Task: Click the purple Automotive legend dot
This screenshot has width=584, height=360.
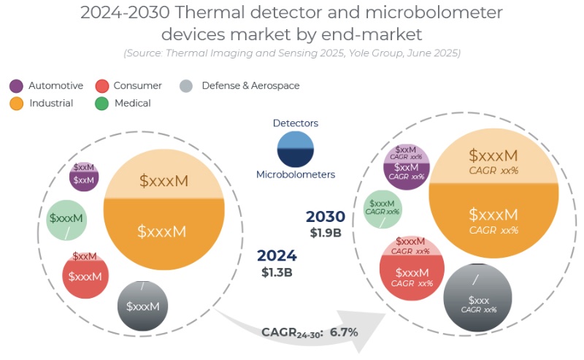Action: [16, 86]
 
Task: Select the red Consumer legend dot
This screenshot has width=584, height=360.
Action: [102, 86]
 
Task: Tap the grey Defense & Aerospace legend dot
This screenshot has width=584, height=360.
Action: [186, 86]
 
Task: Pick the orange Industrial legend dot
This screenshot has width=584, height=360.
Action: [16, 104]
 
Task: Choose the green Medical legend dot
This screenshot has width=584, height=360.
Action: [102, 104]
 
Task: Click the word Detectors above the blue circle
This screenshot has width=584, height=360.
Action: [295, 123]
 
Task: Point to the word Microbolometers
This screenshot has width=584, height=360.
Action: [295, 175]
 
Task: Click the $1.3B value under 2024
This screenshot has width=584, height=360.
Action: [277, 272]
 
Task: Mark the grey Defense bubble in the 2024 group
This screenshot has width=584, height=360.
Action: [142, 304]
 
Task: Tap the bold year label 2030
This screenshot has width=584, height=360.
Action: [326, 217]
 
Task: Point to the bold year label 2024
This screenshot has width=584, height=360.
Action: [277, 256]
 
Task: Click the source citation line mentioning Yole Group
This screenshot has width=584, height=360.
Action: [292, 53]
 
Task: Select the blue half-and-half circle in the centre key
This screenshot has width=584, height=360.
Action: [295, 149]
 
